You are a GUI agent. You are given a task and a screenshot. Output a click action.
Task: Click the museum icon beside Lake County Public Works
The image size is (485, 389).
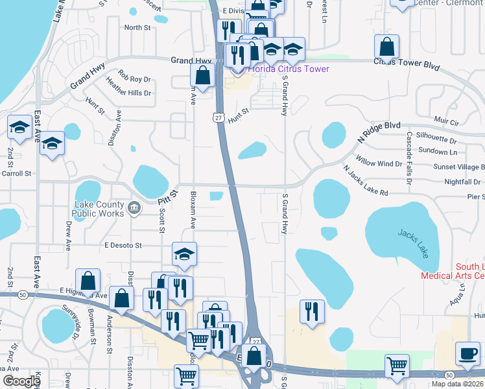[x=135, y=207]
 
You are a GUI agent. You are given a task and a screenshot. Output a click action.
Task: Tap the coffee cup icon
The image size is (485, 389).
[x=467, y=354]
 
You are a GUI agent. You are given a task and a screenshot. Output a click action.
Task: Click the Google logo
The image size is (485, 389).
[x=21, y=381]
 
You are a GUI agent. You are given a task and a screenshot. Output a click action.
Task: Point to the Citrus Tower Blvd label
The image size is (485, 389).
[x=407, y=67]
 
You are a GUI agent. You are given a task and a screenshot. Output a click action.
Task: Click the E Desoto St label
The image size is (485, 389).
[x=123, y=246]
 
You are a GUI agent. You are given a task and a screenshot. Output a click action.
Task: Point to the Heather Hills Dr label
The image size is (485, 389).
[x=128, y=93]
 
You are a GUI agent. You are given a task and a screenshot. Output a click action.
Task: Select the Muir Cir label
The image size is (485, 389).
[x=446, y=121]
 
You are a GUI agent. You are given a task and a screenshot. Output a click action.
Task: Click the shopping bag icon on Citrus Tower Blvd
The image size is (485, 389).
[x=386, y=47]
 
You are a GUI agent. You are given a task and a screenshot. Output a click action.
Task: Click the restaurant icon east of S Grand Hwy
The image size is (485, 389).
[x=312, y=311]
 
